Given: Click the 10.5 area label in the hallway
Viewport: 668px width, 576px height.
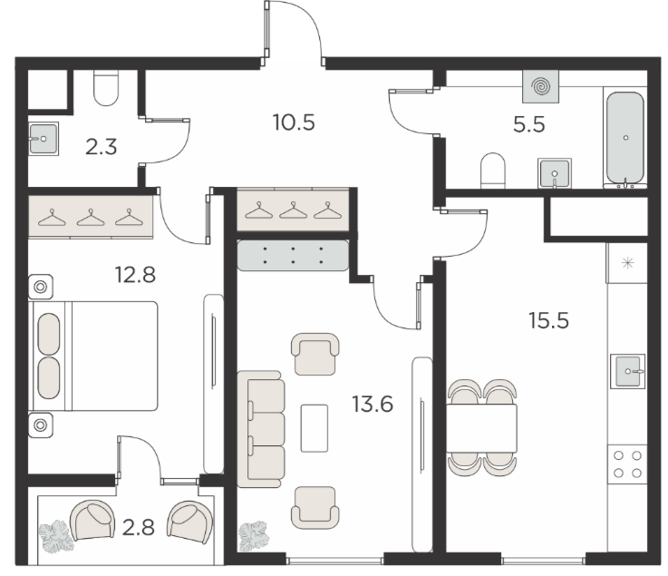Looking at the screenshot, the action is coord(294,122).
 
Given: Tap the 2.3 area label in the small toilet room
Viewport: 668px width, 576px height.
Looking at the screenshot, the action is coord(101,147).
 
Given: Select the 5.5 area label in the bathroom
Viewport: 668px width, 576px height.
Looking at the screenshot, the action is coord(529,125).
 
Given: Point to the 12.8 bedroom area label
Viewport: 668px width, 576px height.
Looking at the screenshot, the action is coord(135,275).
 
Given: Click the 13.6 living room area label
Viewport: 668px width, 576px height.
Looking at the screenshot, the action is coord(373,404).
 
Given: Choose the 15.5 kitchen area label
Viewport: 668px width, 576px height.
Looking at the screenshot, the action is coord(548,320).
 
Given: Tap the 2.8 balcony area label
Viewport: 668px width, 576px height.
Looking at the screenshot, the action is coord(138,528).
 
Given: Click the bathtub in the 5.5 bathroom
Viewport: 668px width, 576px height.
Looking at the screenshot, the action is coord(625,140).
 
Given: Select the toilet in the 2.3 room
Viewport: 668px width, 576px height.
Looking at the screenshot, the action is coord(106,88).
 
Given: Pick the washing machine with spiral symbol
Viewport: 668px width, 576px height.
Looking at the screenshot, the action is coord(540,86).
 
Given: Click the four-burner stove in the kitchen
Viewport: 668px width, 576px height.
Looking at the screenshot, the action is coord(627,464).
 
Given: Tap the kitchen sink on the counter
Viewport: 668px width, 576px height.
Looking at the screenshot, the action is coord(627,371).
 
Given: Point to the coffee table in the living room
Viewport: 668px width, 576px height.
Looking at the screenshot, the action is coord(315,428).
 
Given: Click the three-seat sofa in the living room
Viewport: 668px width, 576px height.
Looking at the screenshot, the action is coord(261,429).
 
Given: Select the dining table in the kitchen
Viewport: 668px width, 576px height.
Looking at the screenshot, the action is coord(481,428).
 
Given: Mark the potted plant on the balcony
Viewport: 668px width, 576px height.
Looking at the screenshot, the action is coord(56,536).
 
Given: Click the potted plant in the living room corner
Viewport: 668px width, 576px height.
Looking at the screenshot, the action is coord(254,536).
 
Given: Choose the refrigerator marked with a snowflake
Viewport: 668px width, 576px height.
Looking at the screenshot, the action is coord(627,263).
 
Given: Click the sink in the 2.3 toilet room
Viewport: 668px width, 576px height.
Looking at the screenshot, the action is coord(44,139).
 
